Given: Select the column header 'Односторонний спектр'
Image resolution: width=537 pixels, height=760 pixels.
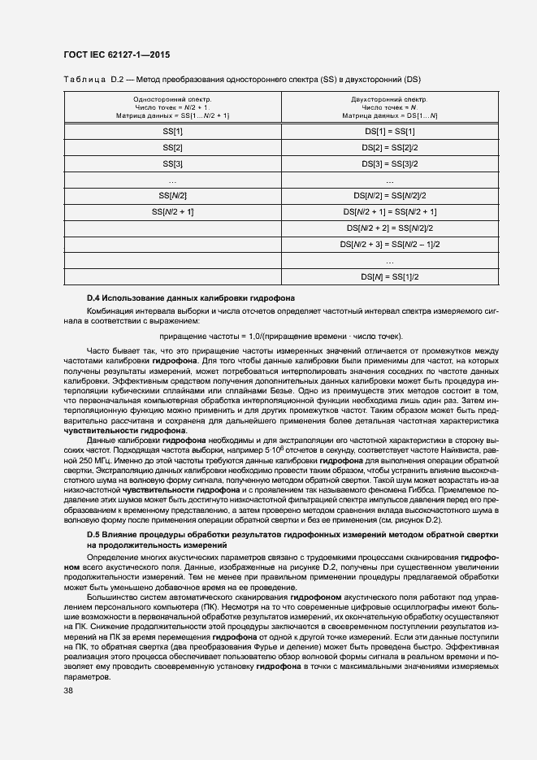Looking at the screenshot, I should (x=172, y=98).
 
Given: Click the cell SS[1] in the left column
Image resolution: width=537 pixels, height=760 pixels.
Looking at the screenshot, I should (x=172, y=131).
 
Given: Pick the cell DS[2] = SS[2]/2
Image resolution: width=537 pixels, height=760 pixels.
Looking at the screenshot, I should (x=389, y=147).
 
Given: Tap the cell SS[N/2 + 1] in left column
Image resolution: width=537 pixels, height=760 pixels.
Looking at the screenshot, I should (x=172, y=211).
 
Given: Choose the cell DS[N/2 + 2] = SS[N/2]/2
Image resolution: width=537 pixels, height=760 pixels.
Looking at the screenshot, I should (x=389, y=228).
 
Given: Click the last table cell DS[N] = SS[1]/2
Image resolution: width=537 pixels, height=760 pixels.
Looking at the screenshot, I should (x=389, y=276).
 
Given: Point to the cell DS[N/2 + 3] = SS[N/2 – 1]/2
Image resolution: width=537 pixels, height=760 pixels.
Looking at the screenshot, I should (x=389, y=244).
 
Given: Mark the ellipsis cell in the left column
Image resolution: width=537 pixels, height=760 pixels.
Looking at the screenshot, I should (x=172, y=180).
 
